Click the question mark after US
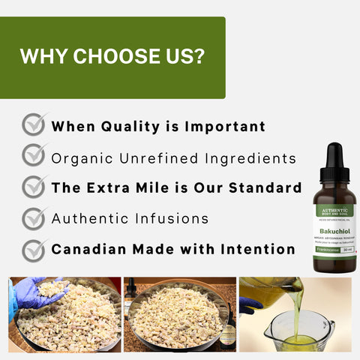(x=200, y=57)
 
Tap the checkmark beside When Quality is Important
(x=34, y=124)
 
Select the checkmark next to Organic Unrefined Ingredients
(x=34, y=155)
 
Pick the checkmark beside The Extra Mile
(x=34, y=186)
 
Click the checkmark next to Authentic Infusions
(x=34, y=217)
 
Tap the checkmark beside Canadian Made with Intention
(x=34, y=248)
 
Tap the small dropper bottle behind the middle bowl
(x=131, y=288)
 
